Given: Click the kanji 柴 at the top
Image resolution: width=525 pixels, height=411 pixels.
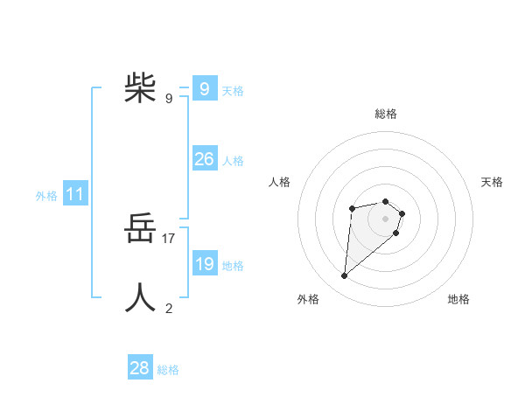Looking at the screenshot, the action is [x=140, y=87].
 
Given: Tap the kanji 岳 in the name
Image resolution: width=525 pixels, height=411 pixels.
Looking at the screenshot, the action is [x=140, y=232].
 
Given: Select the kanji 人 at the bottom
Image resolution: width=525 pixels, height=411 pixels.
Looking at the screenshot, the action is [x=140, y=298].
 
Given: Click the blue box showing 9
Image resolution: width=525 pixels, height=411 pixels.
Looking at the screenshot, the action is [x=204, y=88].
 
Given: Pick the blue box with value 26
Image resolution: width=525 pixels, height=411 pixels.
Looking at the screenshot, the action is [x=204, y=159].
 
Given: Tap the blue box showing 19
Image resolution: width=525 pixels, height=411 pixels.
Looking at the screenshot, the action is [x=204, y=264].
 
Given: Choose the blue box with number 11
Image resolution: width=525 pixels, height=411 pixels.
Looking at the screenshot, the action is [x=74, y=195].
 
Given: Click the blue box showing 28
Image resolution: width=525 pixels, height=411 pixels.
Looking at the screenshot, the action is [x=139, y=368].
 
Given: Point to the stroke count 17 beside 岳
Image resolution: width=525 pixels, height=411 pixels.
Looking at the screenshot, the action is [x=169, y=238].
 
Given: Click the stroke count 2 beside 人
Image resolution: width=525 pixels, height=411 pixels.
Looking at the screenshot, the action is [x=169, y=308].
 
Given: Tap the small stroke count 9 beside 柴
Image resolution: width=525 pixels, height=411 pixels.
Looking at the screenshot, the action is [x=169, y=98].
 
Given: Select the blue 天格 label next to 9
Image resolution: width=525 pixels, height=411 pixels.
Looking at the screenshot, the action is [x=233, y=90].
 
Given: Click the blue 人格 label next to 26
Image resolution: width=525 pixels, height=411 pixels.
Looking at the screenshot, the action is [x=233, y=161].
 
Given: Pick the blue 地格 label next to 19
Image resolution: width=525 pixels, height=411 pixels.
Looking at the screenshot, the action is [x=233, y=266].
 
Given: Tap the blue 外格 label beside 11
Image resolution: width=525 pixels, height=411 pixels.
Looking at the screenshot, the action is [x=46, y=197].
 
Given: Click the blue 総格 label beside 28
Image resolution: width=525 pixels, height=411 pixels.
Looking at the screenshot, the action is [x=168, y=370].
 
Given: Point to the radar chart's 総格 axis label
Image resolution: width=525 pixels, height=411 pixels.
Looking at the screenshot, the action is [x=386, y=114].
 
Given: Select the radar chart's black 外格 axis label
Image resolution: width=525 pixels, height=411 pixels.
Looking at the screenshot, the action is [x=308, y=299].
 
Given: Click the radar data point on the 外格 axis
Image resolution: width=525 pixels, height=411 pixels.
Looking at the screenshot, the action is [x=345, y=276].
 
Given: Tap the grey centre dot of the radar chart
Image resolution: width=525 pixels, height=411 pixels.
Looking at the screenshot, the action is [x=385, y=218].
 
